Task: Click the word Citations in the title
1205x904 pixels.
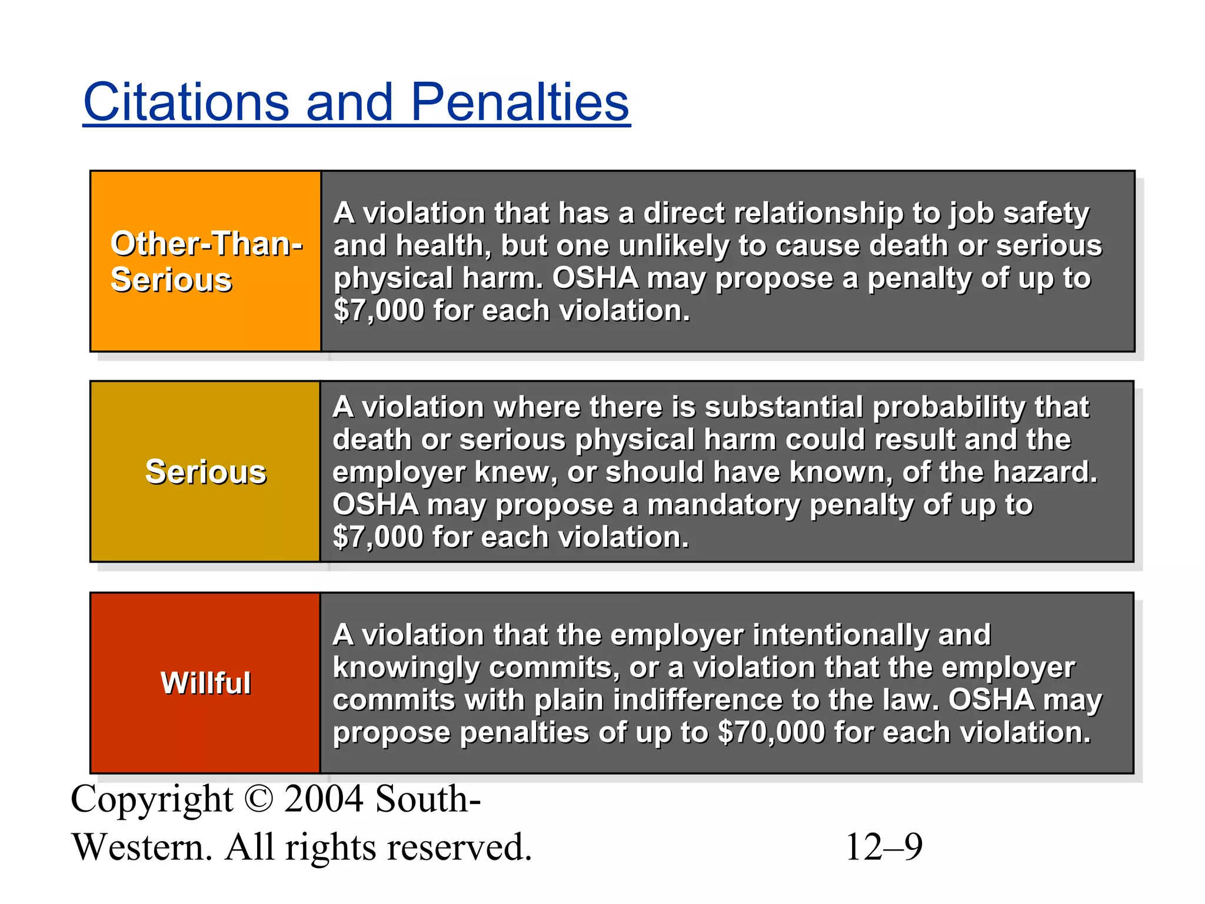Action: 186,102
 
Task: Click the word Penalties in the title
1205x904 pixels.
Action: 520,102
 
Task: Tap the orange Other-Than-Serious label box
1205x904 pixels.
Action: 205,261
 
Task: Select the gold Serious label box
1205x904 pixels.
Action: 205,471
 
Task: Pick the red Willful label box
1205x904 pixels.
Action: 205,683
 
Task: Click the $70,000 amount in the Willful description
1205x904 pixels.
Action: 771,733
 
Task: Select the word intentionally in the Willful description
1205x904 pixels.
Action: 840,635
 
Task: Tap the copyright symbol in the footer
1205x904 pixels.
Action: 258,799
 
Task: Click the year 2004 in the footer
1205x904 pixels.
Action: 323,799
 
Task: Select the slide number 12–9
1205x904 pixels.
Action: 883,847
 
